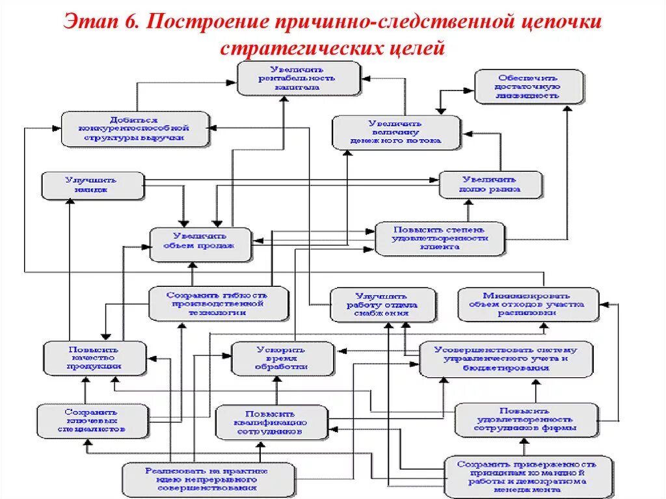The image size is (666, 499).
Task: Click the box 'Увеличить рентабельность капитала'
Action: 297,77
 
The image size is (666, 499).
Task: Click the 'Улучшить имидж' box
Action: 93,185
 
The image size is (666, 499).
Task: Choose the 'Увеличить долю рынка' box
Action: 490,185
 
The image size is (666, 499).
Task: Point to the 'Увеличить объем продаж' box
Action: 200,245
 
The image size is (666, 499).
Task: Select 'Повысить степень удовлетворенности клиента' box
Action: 439,238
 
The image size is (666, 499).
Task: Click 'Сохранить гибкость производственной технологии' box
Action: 217,304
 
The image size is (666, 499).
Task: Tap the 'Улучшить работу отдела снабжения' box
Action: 381,304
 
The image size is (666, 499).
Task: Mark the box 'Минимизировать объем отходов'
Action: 527,304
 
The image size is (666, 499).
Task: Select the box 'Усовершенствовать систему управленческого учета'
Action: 505,358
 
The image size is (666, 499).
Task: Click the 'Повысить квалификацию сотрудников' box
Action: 270,422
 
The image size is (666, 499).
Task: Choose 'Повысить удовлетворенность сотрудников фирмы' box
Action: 525,420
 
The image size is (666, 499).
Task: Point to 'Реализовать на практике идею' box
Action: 206,479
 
